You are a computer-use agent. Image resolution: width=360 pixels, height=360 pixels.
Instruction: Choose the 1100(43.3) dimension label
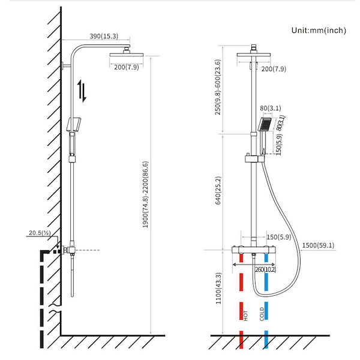(x=218, y=290)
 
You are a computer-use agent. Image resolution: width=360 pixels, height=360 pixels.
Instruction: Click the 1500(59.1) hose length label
(x=318, y=244)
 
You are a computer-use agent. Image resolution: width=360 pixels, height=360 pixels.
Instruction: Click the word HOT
(x=245, y=315)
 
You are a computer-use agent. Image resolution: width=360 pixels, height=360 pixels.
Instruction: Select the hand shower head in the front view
(x=265, y=124)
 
